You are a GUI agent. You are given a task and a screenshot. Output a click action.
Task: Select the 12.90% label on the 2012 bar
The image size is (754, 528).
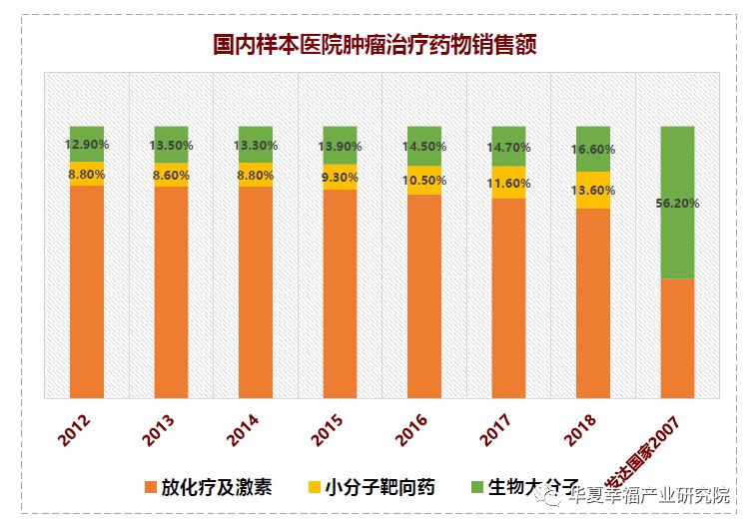(87, 144)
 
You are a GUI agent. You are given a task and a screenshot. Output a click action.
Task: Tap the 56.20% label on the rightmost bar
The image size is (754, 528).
(678, 203)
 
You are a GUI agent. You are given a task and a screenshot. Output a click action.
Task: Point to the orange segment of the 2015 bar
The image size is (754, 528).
(340, 294)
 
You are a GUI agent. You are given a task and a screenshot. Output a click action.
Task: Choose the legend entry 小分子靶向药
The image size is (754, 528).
(379, 488)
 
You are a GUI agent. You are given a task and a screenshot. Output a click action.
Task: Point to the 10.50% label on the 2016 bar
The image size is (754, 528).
(423, 180)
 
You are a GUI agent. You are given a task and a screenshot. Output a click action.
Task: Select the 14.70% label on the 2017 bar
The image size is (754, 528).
(508, 147)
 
